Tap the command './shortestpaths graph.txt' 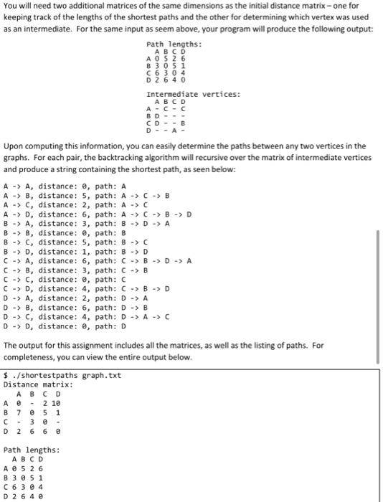[55, 375]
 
